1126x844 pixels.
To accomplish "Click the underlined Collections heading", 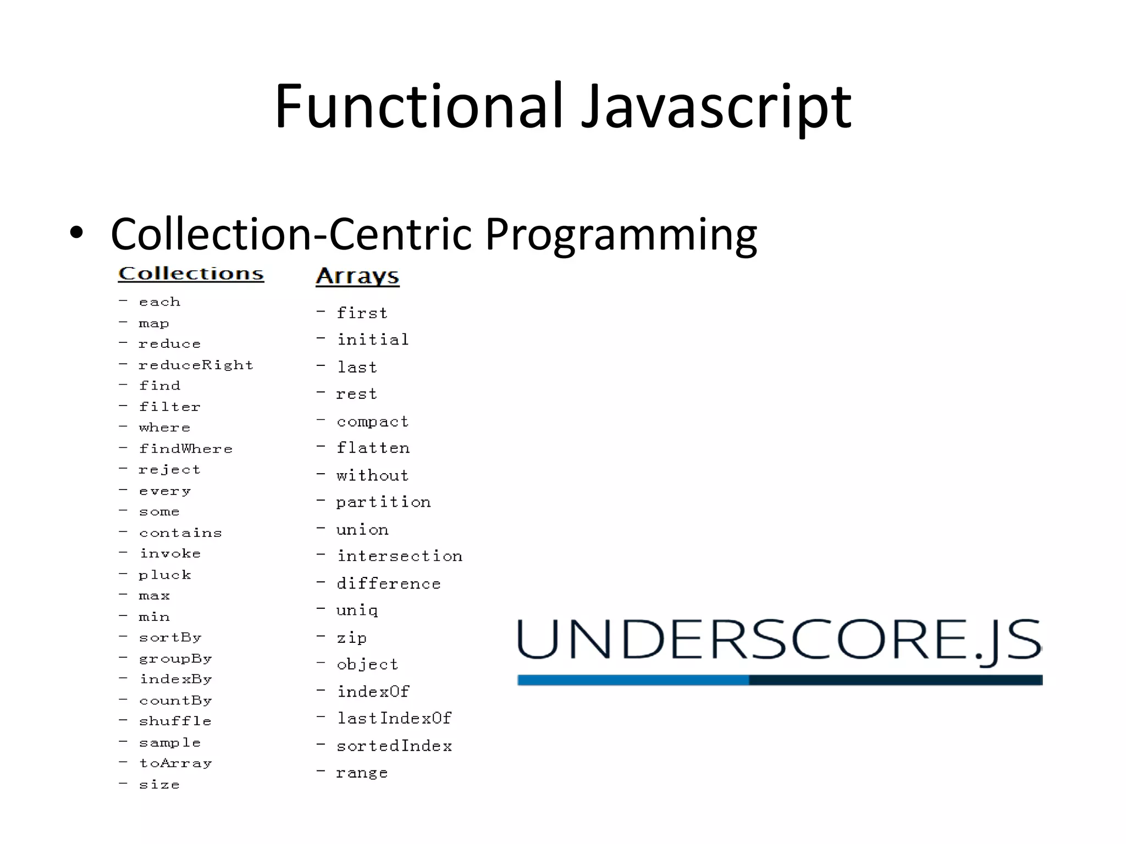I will click(191, 274).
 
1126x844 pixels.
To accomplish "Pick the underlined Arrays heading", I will click(357, 276).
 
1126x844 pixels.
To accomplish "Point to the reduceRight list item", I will click(196, 365).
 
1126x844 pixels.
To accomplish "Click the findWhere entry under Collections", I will click(186, 449).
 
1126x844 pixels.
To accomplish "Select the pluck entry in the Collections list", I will click(165, 575).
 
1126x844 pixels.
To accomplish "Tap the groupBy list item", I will click(175, 658).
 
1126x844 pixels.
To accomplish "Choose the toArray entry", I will click(175, 763).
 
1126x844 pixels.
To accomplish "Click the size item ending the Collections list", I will click(159, 785).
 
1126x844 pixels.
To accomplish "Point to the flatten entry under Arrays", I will click(373, 448).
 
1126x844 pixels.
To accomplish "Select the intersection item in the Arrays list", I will click(400, 556).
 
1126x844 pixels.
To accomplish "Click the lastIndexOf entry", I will click(394, 718).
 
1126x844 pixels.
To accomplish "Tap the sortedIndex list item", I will click(394, 746).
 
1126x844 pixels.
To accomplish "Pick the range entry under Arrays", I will click(362, 773).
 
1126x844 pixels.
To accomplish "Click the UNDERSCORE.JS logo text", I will click(779, 640).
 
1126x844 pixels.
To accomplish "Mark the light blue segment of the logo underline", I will click(633, 680).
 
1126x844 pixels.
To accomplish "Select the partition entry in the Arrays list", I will click(384, 502).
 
